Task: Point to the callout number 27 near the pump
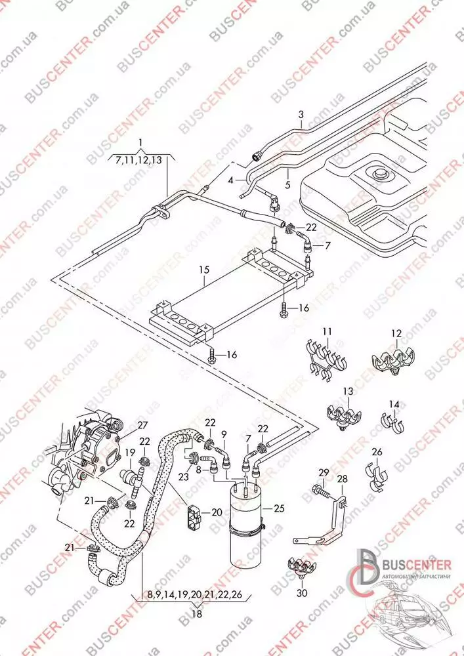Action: (142, 426)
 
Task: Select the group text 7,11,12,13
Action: (139, 160)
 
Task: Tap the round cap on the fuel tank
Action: (379, 174)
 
